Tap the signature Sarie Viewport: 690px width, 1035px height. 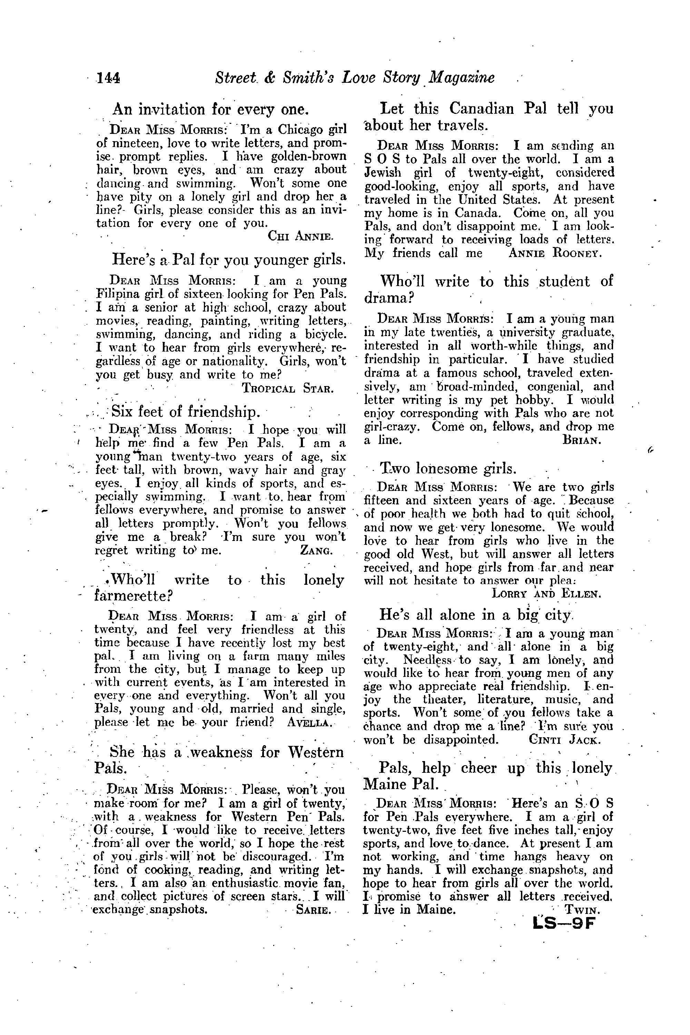point(314,909)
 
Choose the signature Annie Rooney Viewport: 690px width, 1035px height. point(554,254)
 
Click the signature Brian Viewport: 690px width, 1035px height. point(581,440)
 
